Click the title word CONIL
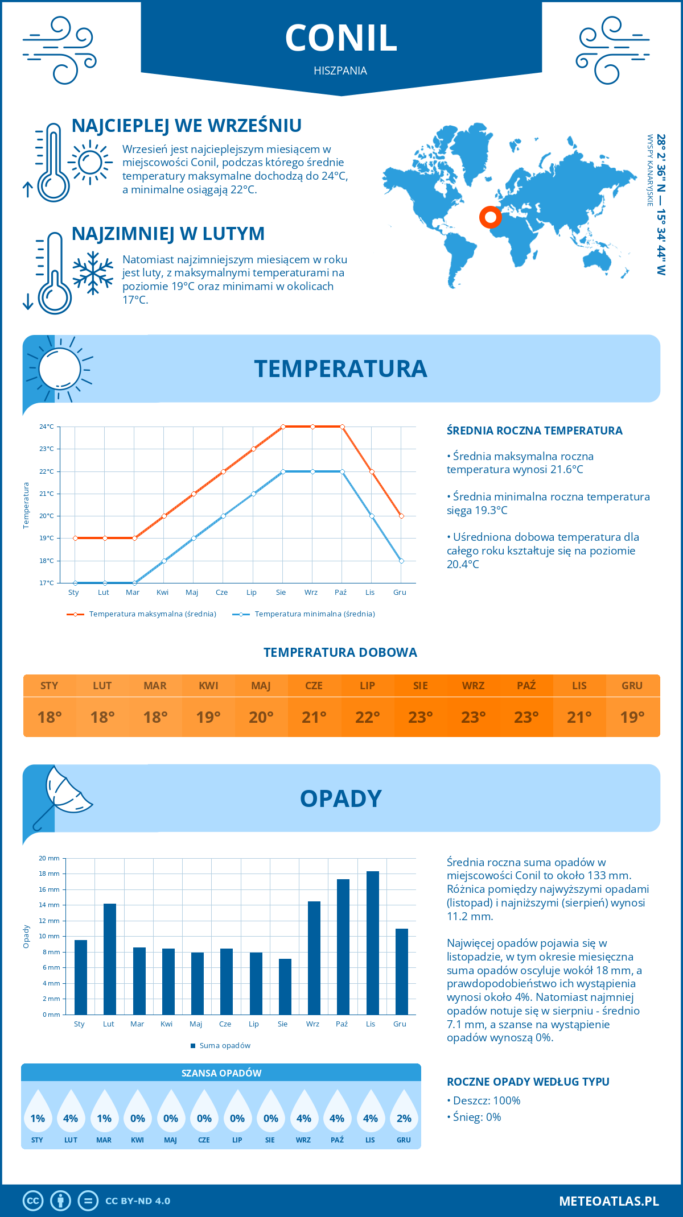(341, 39)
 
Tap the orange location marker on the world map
(490, 217)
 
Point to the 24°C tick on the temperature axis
(47, 427)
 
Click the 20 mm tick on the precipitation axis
(50, 858)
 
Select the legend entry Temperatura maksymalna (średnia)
(152, 614)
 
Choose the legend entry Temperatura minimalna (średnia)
(314, 614)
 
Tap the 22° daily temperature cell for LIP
(367, 717)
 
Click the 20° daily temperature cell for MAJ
(261, 717)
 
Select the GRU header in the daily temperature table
(632, 686)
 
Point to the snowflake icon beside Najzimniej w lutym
(93, 273)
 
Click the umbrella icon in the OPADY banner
(63, 796)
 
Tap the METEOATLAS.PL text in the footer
(609, 1201)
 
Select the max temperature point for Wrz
(312, 427)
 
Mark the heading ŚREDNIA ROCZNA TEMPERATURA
(534, 431)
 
